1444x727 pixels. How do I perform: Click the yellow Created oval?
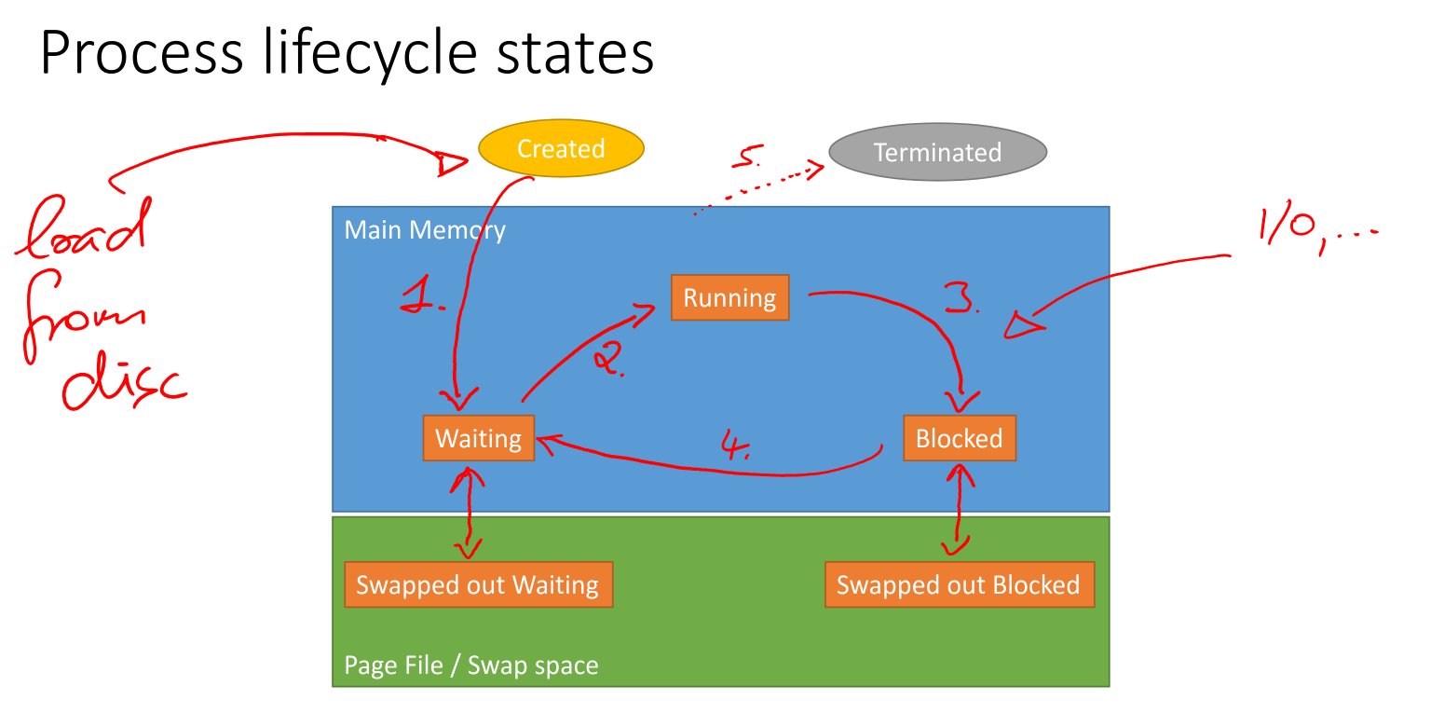[561, 148]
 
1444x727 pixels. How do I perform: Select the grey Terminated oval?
[937, 153]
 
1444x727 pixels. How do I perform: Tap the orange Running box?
[729, 297]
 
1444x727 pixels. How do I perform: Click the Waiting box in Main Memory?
[478, 438]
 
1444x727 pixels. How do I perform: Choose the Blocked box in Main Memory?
[959, 438]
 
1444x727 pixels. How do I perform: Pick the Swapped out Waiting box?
[478, 584]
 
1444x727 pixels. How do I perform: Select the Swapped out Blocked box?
[959, 584]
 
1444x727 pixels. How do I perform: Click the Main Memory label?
[425, 230]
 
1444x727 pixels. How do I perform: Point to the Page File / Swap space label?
[471, 665]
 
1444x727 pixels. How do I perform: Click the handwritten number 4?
[736, 445]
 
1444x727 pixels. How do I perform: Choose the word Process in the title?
[141, 54]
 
